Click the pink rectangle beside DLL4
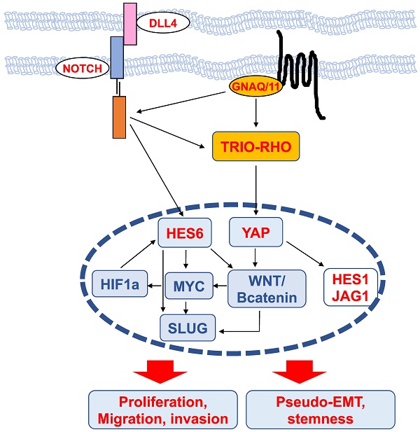(x=129, y=23)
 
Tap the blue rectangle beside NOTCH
(x=117, y=59)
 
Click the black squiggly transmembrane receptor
(x=301, y=77)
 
